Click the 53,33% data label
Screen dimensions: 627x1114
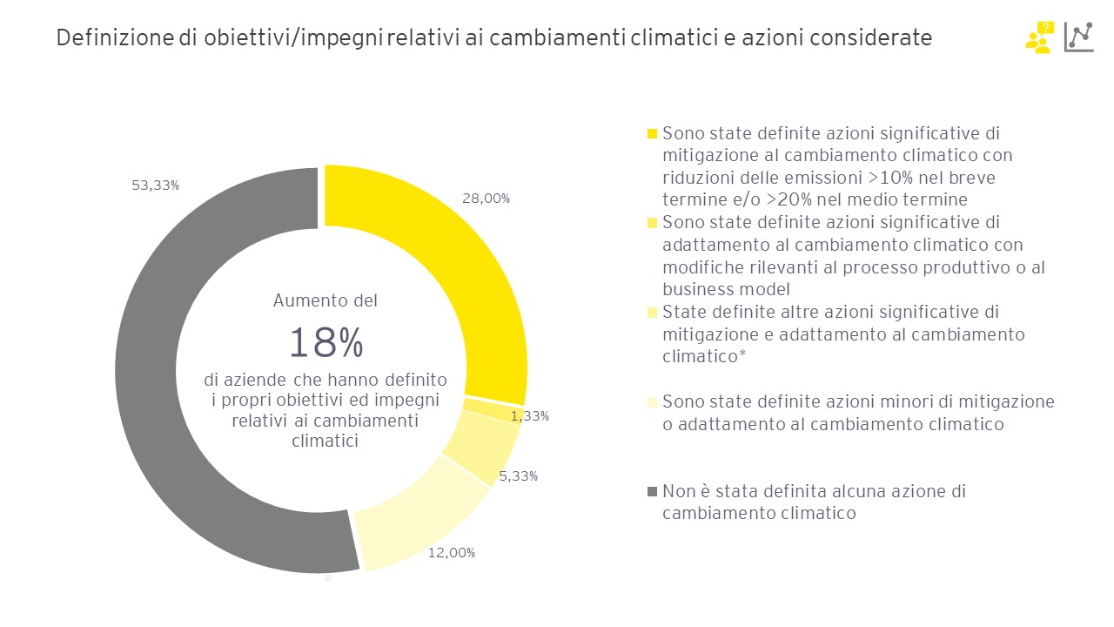pos(156,185)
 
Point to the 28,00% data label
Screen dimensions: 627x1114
pos(487,198)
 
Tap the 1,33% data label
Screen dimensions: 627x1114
pos(530,416)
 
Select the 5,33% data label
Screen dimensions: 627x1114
pos(519,475)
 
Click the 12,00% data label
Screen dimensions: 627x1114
pos(452,552)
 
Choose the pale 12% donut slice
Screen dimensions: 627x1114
pos(418,514)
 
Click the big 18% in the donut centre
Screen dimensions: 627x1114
pos(325,343)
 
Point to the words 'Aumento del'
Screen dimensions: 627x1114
pos(325,300)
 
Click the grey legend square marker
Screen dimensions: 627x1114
pos(652,492)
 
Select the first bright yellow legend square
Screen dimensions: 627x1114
pos(652,134)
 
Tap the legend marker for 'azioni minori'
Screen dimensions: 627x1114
pos(652,402)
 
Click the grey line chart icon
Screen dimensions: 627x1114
pos(1079,37)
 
